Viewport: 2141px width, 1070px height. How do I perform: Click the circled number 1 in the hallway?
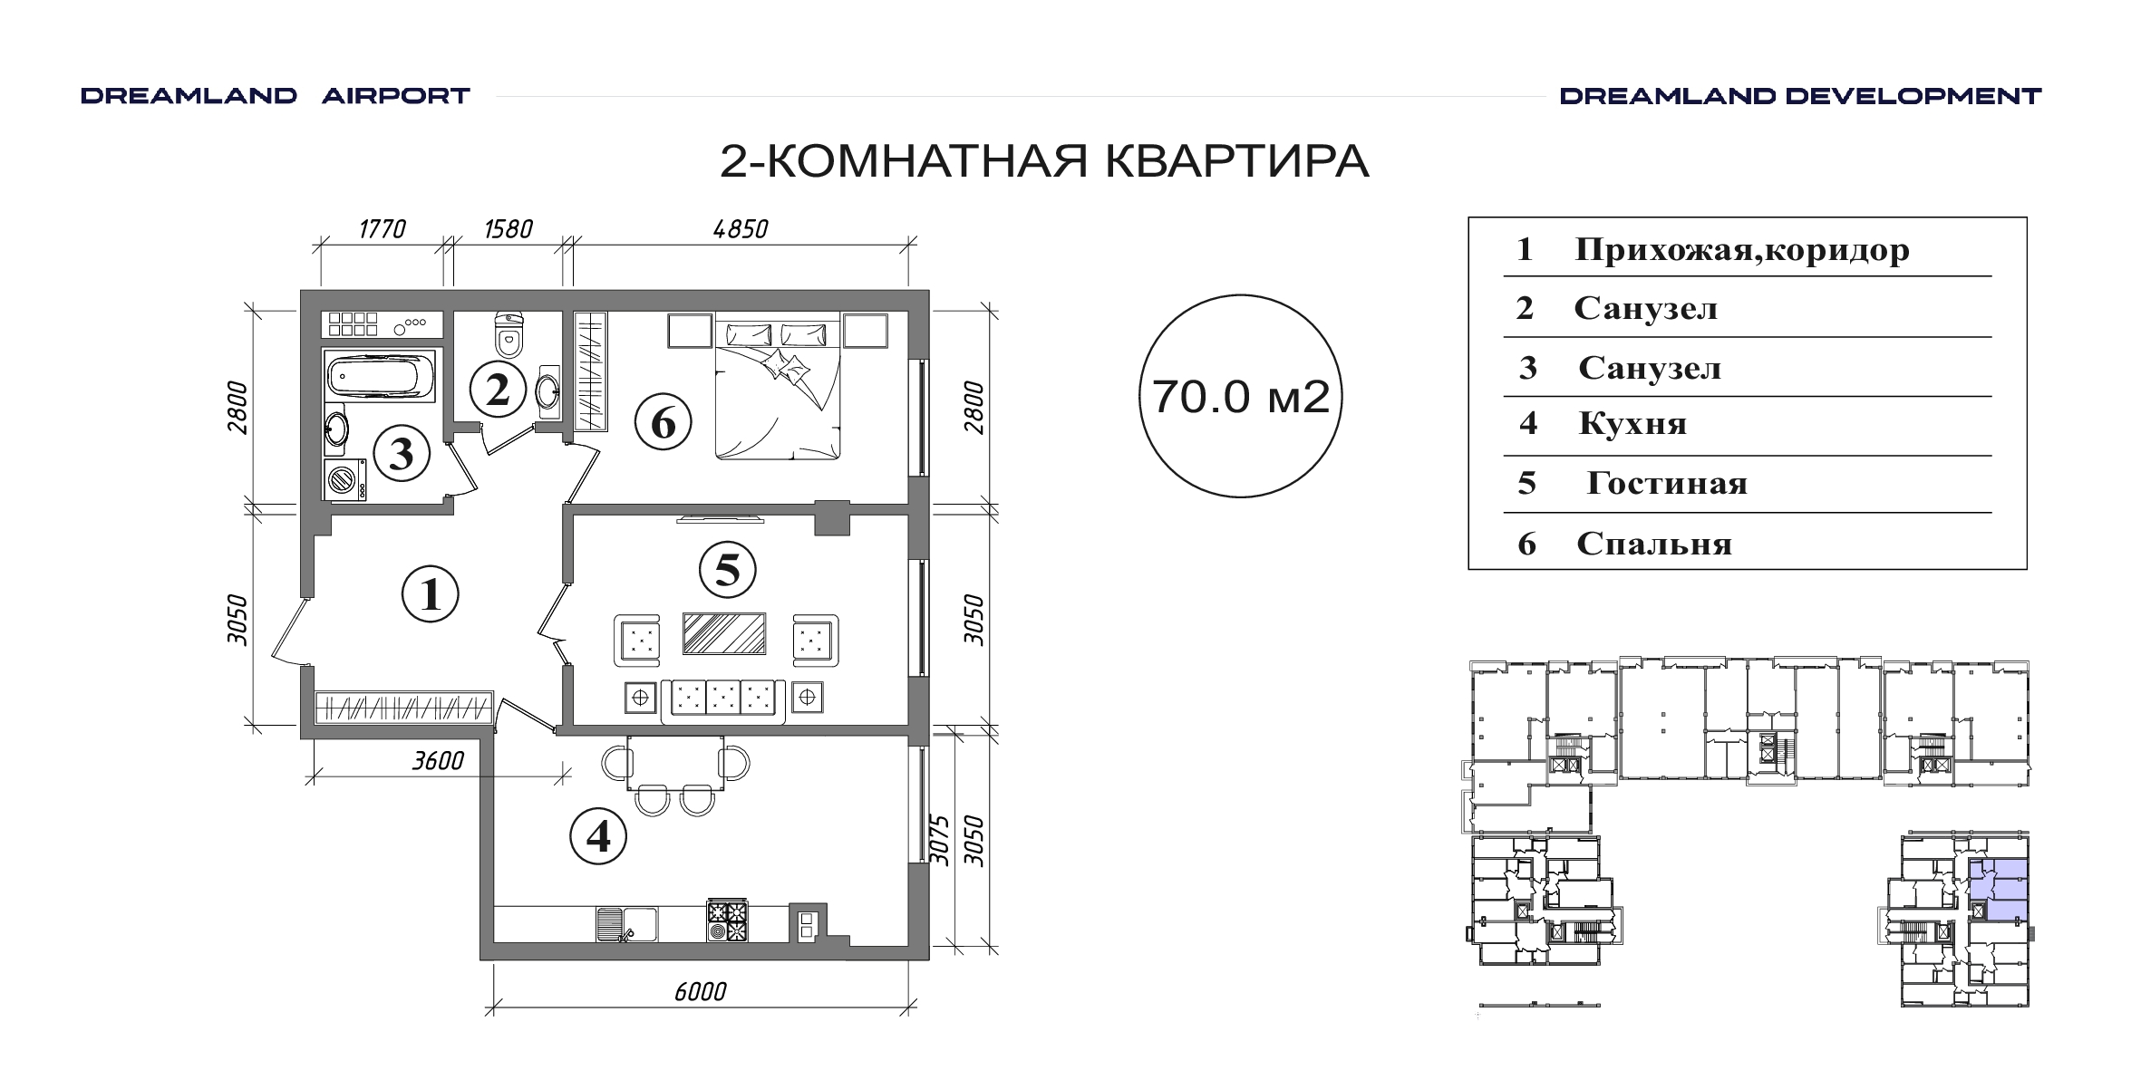pyautogui.click(x=431, y=594)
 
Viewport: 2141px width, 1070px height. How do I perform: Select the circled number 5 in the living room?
pyautogui.click(x=728, y=570)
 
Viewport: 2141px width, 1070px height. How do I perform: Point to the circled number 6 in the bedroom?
pyautogui.click(x=663, y=422)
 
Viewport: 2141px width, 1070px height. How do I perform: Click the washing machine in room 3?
pyautogui.click(x=345, y=479)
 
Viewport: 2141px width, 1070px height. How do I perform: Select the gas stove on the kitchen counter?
pyautogui.click(x=728, y=921)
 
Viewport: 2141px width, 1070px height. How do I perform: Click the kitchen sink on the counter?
pyautogui.click(x=626, y=924)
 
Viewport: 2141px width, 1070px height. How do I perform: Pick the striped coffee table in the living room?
pyautogui.click(x=724, y=633)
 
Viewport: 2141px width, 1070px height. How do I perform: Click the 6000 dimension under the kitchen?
pyautogui.click(x=700, y=992)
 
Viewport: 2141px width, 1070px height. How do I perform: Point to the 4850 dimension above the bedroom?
pyautogui.click(x=741, y=229)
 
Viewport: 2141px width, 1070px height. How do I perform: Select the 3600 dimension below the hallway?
pyautogui.click(x=438, y=761)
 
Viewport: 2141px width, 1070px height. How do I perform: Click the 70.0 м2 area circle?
pyautogui.click(x=1240, y=396)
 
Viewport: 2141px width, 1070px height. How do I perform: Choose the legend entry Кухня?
pyautogui.click(x=1632, y=424)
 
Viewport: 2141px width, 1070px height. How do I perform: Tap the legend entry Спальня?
pyautogui.click(x=1654, y=544)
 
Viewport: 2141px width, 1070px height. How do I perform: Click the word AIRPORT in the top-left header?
pyautogui.click(x=396, y=96)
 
